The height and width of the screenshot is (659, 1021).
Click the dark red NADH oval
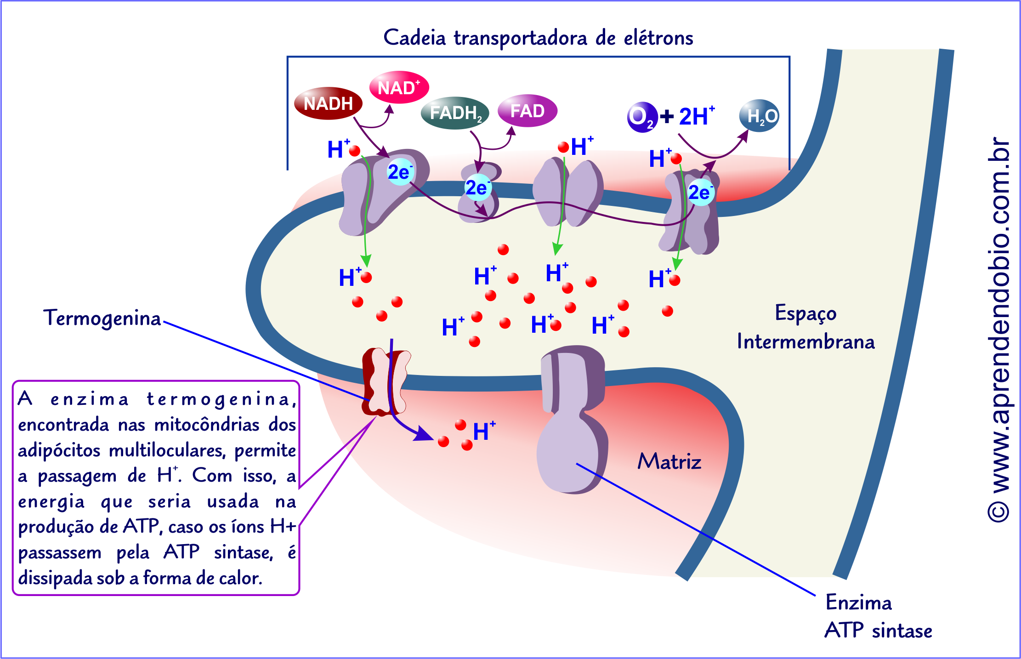click(328, 103)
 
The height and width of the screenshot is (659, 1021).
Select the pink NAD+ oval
click(399, 87)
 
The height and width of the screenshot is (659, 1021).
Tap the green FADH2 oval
click(455, 113)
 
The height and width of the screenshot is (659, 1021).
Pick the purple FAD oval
click(528, 111)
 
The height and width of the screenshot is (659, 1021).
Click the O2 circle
click(641, 117)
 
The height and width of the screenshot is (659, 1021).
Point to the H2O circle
click(759, 116)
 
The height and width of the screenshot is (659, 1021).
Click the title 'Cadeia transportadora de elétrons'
click(538, 38)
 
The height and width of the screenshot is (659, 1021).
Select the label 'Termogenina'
click(102, 318)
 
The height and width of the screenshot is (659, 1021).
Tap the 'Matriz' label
click(669, 461)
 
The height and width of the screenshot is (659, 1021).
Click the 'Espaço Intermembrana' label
click(805, 327)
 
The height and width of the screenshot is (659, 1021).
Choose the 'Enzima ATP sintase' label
click(878, 616)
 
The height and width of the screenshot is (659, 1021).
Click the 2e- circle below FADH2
click(477, 187)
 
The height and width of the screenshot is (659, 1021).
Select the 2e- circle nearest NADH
click(400, 172)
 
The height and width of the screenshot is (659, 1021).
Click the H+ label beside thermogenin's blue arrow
click(484, 431)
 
